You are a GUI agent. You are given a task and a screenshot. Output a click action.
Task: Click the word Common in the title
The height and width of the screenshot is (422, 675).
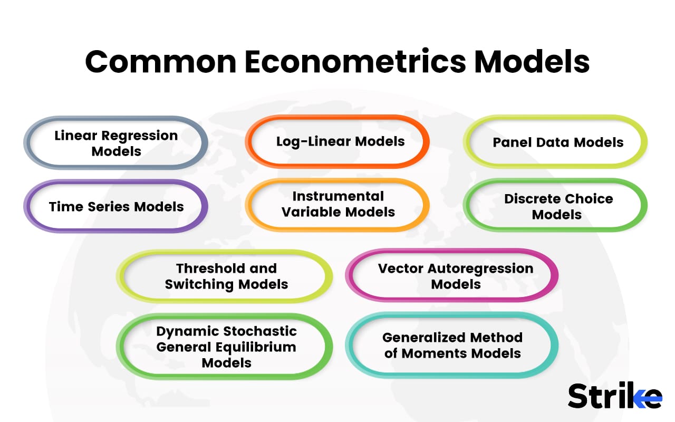pos(161,62)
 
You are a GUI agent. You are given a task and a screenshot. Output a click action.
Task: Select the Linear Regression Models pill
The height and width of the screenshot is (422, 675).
pos(115,143)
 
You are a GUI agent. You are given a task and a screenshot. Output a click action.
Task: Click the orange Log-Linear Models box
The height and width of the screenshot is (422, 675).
pos(337,141)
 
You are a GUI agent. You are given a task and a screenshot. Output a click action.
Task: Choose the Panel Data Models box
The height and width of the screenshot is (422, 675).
pos(555,142)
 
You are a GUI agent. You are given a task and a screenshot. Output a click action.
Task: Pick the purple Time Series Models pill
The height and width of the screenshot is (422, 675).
pos(115,206)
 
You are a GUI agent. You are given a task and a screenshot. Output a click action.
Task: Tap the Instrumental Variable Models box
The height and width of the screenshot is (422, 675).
pos(337,205)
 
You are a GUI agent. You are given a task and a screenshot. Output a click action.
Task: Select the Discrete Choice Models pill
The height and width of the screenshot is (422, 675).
pos(555,205)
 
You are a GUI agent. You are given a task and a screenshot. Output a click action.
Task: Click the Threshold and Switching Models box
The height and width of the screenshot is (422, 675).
pos(225,276)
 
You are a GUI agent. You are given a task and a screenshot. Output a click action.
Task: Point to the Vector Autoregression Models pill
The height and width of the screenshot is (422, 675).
pos(452,275)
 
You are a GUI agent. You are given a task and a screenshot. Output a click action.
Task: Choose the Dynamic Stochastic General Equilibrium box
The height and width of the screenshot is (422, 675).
pos(225,347)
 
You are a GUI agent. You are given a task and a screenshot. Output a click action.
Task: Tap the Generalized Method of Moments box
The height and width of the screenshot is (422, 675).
pos(452,345)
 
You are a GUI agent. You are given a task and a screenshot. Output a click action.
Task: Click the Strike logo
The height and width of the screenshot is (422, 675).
pos(615,395)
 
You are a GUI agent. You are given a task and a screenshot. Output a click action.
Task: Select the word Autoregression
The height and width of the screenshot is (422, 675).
pos(480,269)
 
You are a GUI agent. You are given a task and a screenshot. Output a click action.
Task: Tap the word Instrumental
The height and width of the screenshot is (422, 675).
pos(338,196)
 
